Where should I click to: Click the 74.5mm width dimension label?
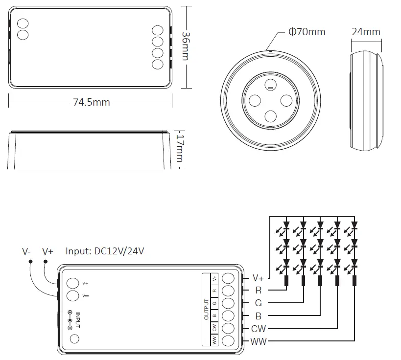91,102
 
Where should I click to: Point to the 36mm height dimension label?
186,46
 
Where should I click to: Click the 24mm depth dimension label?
366,32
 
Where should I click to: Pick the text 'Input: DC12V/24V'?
105,251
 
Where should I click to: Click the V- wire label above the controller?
26,251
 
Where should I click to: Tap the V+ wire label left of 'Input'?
47,251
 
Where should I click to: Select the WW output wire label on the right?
259,341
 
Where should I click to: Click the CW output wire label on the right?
259,329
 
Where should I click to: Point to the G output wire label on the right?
258,303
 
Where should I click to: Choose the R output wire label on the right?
258,291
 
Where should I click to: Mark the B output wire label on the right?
258,316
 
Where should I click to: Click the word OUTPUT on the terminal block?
206,309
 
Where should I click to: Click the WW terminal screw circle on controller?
228,341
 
